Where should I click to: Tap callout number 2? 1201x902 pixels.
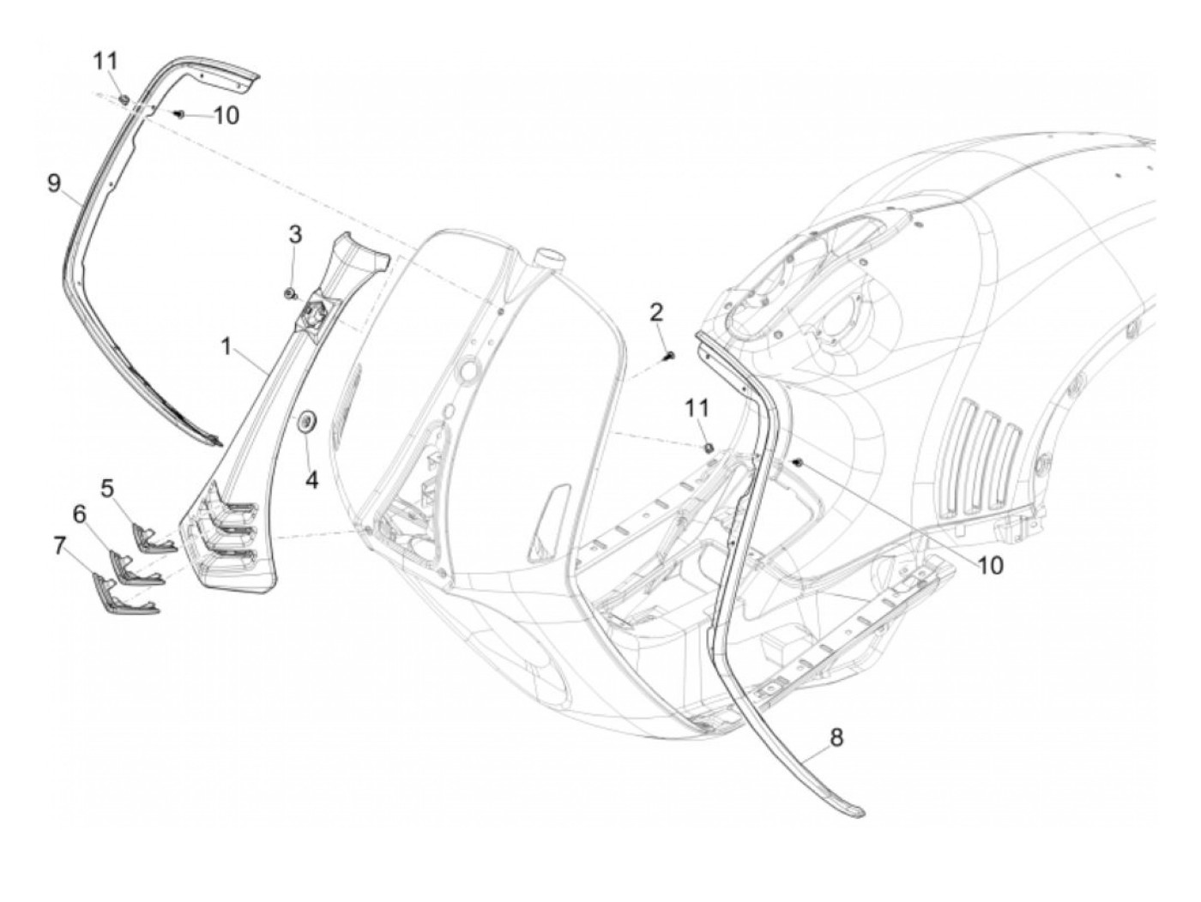pos(656,312)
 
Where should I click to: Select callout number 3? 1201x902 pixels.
pos(294,234)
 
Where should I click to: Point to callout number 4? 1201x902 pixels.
pos(311,480)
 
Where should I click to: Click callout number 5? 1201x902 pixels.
pos(107,488)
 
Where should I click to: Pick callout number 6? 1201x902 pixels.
pos(79,514)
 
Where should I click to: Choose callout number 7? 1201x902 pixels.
pos(59,546)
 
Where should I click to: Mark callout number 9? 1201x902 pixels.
pos(54,183)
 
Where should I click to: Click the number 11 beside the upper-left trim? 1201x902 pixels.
pos(106,61)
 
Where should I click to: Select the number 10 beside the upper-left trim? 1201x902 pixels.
pos(226,116)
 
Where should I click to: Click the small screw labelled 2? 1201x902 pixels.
pos(670,355)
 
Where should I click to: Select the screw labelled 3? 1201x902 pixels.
pos(290,295)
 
